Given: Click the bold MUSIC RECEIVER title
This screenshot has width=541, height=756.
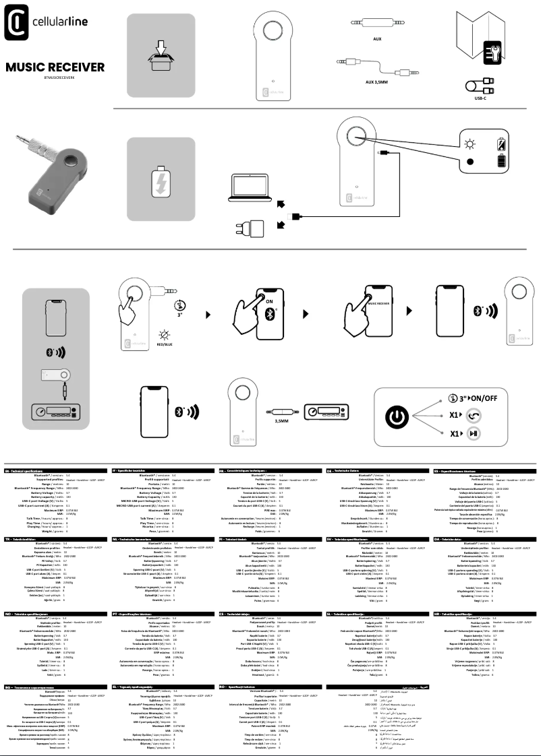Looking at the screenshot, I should (55, 67).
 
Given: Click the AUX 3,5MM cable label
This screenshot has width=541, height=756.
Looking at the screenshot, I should (377, 82).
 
